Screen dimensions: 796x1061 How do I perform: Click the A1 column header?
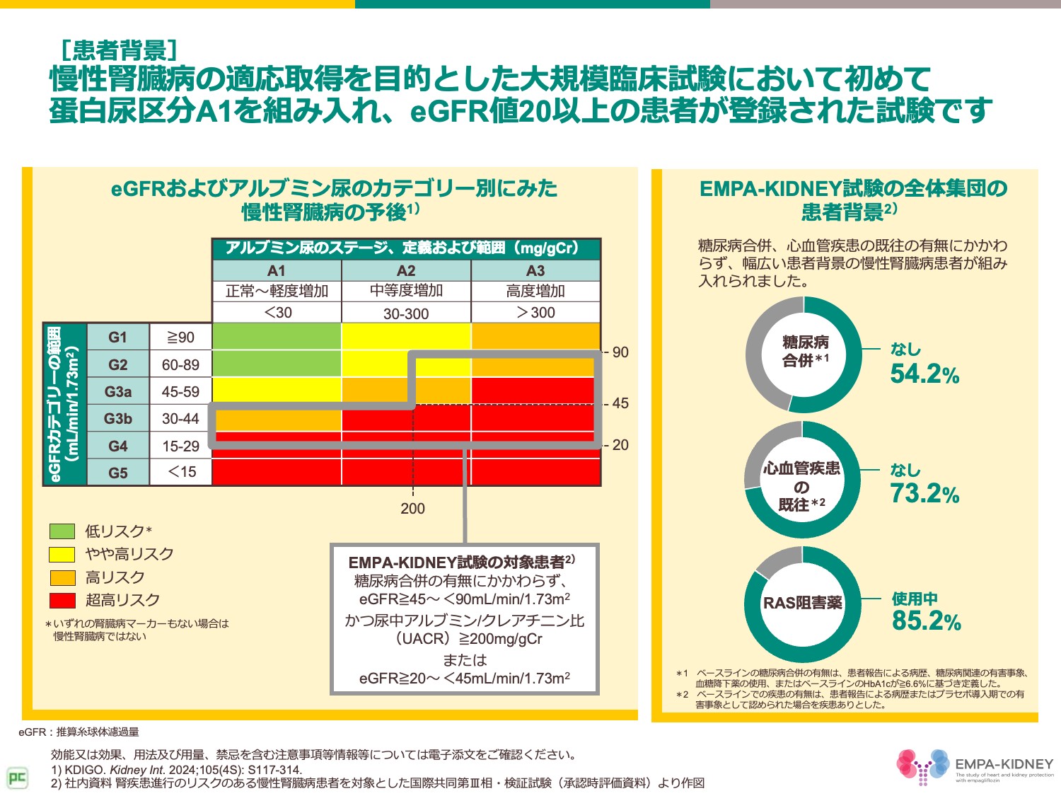click(x=277, y=271)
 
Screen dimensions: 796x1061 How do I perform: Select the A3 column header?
click(x=535, y=271)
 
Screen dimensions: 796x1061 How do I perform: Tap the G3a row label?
click(x=117, y=392)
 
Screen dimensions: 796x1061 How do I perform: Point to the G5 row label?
click(x=117, y=473)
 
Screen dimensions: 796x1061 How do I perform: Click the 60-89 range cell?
click(x=180, y=365)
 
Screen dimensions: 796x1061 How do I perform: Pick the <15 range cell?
click(x=180, y=472)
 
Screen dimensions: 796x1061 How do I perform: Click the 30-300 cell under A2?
click(x=406, y=313)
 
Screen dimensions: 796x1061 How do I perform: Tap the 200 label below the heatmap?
click(x=412, y=509)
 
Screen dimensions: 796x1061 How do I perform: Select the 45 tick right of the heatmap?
click(x=620, y=403)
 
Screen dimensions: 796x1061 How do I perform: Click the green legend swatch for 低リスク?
click(x=62, y=531)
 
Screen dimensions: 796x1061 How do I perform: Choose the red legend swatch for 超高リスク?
click(x=62, y=600)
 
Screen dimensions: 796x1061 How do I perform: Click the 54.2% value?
click(x=924, y=374)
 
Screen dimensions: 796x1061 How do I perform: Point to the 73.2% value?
click(x=924, y=494)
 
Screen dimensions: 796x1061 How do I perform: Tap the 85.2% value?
click(x=926, y=621)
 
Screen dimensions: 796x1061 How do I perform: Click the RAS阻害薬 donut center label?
click(x=803, y=604)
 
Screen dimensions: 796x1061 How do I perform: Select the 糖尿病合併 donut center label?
click(x=805, y=352)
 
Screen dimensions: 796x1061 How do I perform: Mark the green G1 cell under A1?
click(x=277, y=337)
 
